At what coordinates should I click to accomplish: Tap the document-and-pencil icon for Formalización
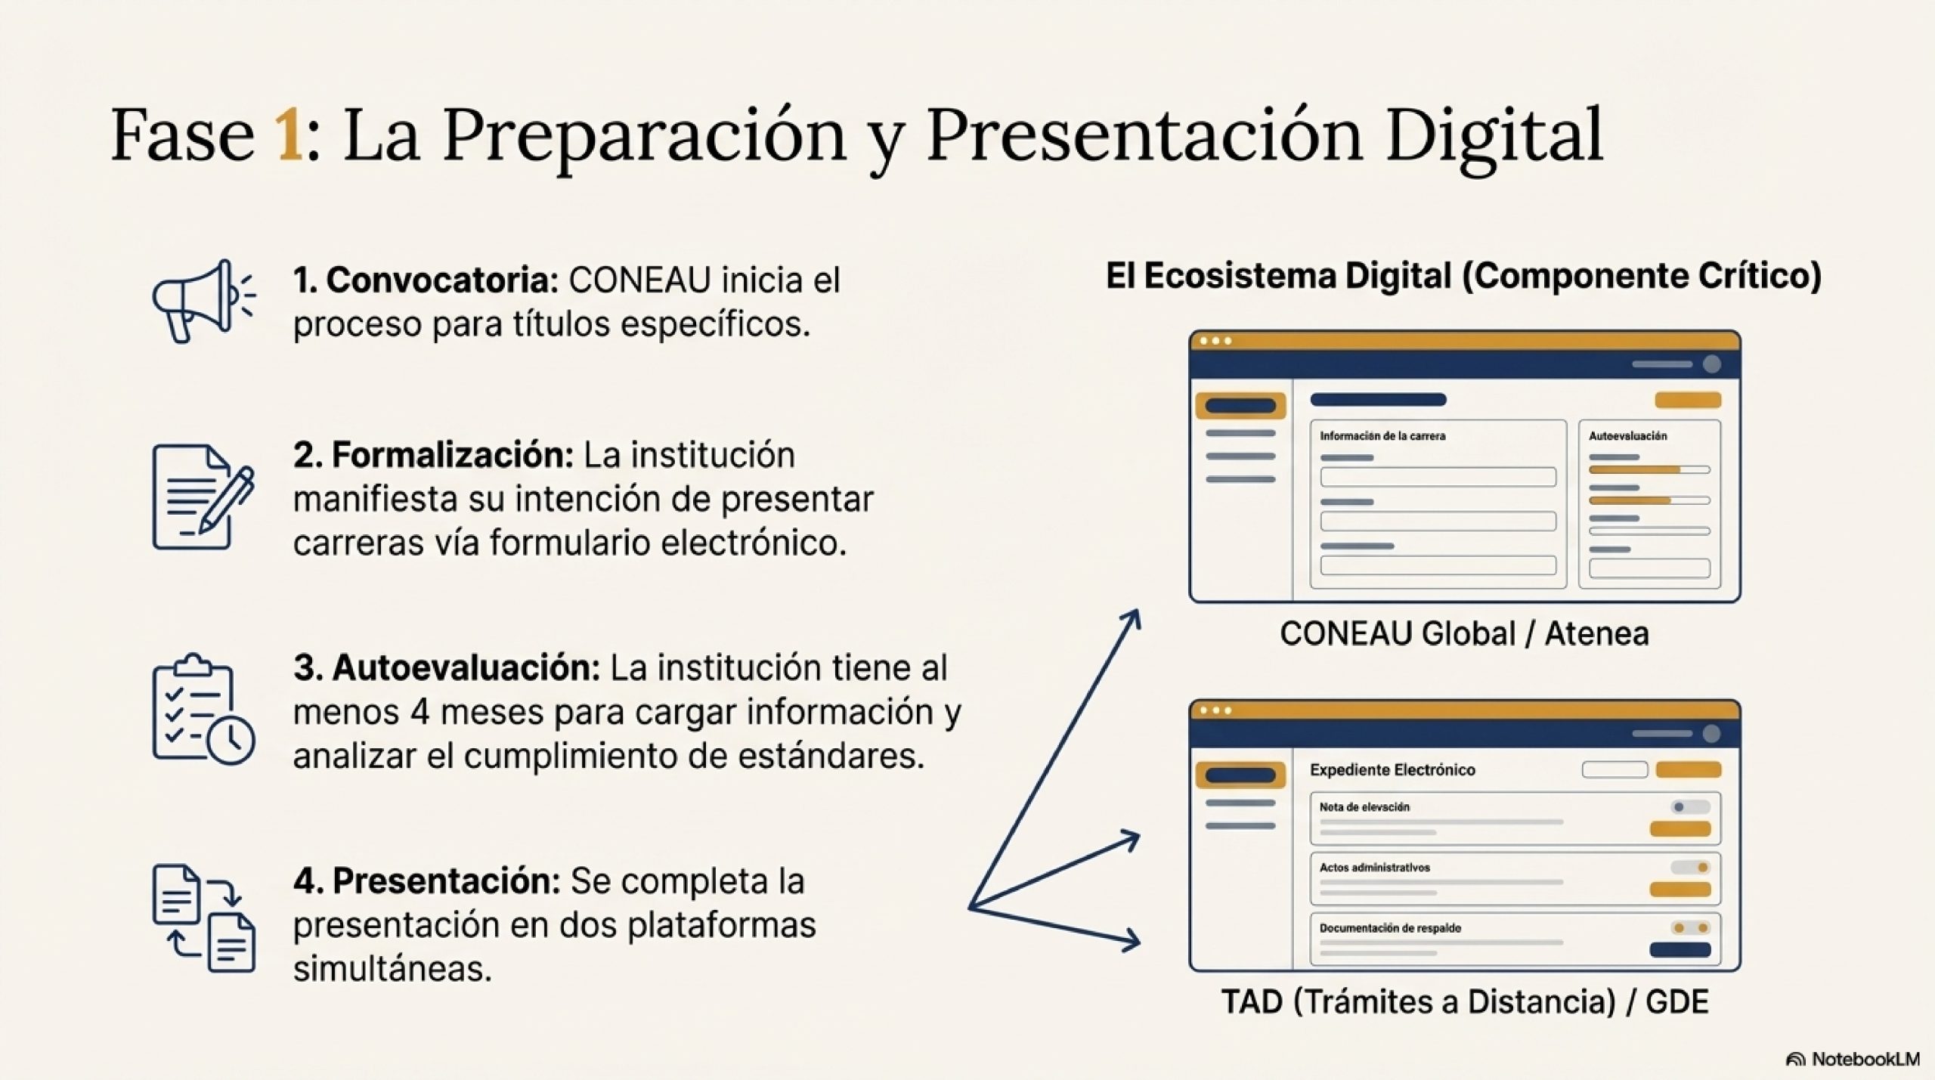(x=203, y=497)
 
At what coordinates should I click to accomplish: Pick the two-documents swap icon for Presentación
(x=203, y=918)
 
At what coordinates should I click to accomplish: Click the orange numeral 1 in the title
(x=289, y=135)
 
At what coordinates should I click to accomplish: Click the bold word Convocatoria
(x=442, y=280)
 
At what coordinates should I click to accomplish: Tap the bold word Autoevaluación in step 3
(x=466, y=668)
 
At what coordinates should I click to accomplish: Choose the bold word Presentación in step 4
(x=446, y=881)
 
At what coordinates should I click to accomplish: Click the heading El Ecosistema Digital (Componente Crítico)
(x=1463, y=276)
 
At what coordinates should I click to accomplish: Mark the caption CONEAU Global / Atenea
(x=1464, y=633)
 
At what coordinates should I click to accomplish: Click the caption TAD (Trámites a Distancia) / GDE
(x=1465, y=1002)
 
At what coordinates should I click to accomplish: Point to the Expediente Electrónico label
(x=1392, y=769)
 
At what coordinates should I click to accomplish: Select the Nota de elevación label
(x=1364, y=807)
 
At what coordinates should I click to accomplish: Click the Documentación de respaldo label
(x=1390, y=928)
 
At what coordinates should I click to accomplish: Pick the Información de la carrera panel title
(x=1382, y=436)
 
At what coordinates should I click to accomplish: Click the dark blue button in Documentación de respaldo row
(x=1680, y=950)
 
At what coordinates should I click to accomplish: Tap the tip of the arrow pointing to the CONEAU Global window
(x=1138, y=611)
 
